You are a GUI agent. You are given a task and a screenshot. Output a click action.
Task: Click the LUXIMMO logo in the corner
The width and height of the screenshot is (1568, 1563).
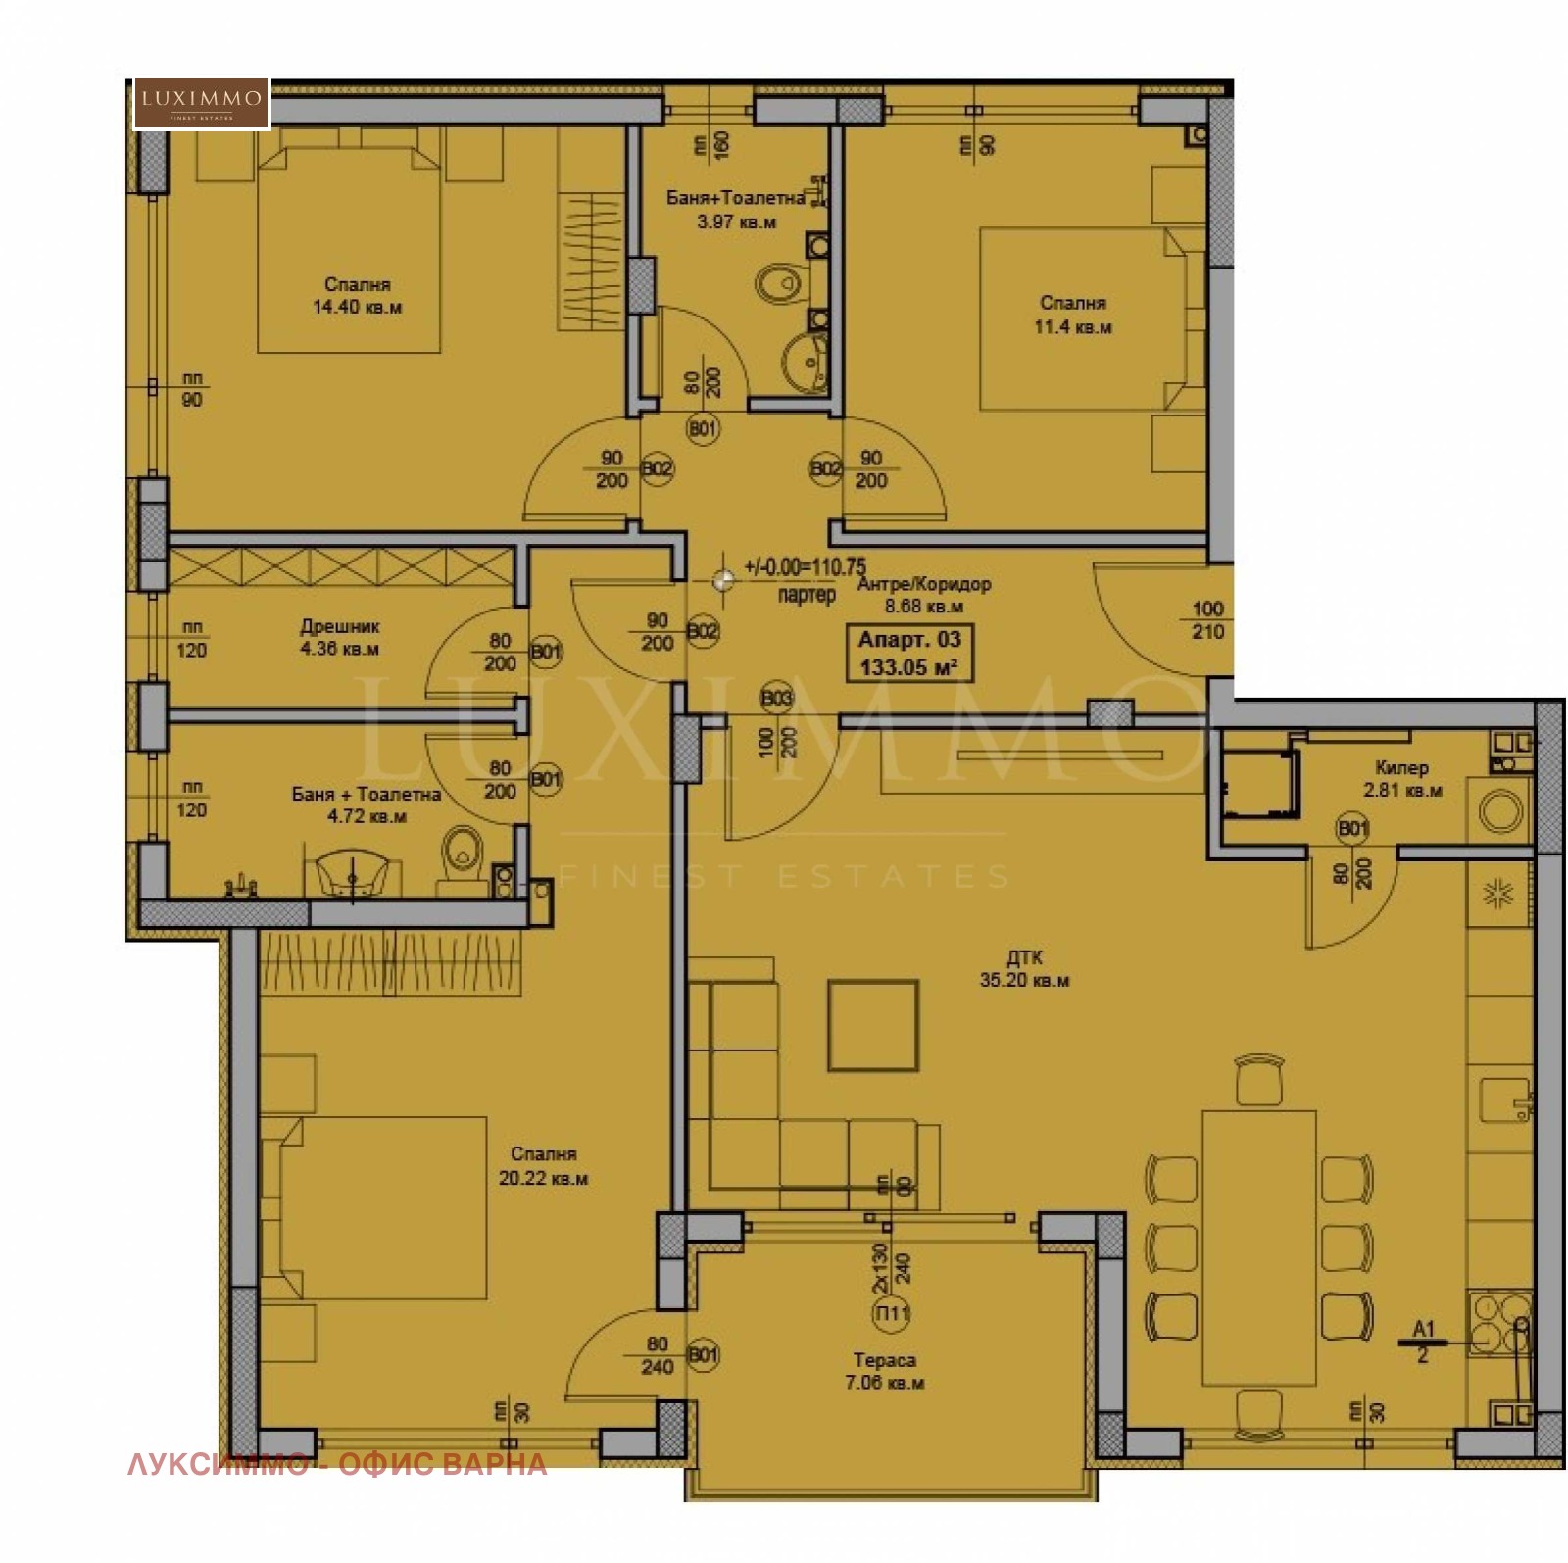tap(201, 103)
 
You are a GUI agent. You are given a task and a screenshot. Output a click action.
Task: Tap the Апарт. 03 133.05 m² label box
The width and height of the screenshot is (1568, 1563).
tap(908, 654)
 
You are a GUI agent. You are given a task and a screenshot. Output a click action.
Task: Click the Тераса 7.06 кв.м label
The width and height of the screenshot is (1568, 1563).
tap(884, 1371)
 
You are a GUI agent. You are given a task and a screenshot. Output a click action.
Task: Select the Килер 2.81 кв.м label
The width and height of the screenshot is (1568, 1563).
tap(1401, 778)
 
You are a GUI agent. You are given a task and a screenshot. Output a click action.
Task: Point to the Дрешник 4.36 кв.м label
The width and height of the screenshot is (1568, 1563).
tap(339, 637)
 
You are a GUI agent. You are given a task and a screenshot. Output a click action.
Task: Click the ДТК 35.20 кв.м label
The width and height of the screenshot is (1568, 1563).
tap(1024, 968)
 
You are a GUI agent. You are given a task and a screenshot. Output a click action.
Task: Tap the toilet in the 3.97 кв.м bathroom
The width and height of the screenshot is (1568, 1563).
tap(780, 285)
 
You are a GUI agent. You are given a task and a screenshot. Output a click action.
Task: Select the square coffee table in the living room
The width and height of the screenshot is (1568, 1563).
tap(872, 1025)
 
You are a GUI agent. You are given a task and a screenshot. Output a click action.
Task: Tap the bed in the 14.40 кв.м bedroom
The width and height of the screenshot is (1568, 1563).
tap(348, 250)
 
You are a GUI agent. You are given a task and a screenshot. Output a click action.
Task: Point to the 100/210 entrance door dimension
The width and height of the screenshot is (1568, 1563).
tap(1207, 620)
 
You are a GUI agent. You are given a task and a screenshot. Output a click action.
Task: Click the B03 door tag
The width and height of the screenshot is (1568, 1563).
tap(776, 699)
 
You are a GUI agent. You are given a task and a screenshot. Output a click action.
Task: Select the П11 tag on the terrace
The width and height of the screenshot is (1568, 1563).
tap(891, 1313)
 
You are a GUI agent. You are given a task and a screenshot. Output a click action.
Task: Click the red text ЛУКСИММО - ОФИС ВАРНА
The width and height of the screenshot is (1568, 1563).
tap(337, 1465)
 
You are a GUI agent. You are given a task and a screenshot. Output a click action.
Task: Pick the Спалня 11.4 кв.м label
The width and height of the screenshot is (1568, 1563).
tap(1073, 315)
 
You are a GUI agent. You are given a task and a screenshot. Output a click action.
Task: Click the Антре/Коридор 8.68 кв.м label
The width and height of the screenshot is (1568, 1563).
tap(923, 595)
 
